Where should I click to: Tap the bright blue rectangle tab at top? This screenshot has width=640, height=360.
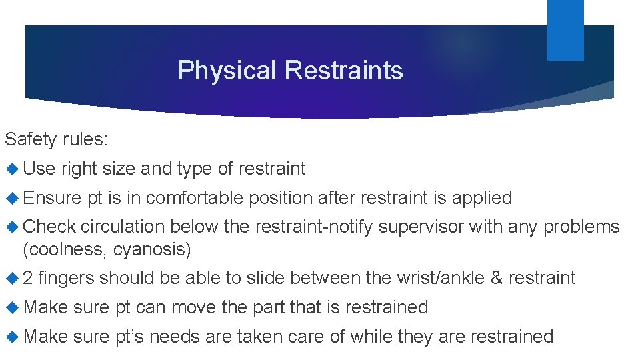click(565, 29)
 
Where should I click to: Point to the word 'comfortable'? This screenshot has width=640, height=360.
click(197, 198)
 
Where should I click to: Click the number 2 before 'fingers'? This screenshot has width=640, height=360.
click(29, 278)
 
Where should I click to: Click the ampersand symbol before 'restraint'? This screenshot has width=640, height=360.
click(497, 278)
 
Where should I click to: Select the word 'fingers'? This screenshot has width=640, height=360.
click(67, 278)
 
